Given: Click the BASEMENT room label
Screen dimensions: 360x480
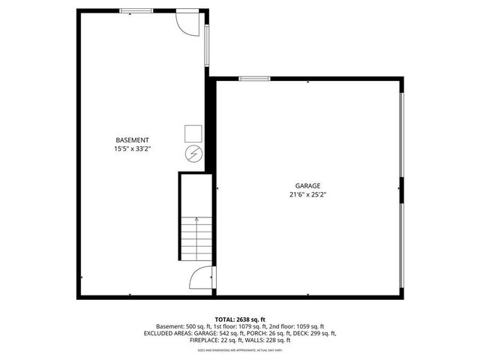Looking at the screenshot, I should [132, 140].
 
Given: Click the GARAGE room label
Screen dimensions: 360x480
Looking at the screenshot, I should [307, 185].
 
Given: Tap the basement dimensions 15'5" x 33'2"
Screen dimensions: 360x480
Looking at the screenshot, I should [132, 149].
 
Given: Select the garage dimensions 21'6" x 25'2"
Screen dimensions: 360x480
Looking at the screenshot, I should [307, 194].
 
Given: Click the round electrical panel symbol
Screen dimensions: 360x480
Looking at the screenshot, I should [193, 153].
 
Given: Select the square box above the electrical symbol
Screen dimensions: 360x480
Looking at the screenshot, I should [193, 133].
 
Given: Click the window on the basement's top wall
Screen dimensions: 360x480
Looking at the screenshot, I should [135, 11].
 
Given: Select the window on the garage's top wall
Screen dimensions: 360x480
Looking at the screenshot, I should [254, 78].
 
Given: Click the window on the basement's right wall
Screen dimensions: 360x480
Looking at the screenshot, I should [207, 45].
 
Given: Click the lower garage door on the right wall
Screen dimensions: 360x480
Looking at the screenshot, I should [401, 248].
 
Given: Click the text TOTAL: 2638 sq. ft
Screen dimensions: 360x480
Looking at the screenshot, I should [240, 319].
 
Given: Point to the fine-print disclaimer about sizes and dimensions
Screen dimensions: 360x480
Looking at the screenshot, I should [240, 350].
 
